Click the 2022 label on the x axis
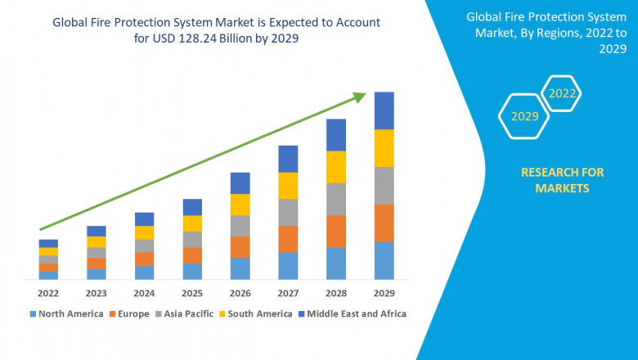coord(48,293)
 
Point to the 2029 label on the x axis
coord(384,293)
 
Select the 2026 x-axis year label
coord(240,293)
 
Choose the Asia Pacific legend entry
coord(186,313)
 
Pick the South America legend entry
coord(258,313)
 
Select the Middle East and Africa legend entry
coord(354,313)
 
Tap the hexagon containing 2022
coord(562,94)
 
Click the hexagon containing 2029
coord(524,117)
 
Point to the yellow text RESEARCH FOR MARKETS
coord(562,180)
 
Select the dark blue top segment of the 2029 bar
coord(384,110)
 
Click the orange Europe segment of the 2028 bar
coord(336,231)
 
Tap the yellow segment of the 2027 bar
coord(288,186)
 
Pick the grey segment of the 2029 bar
coord(384,185)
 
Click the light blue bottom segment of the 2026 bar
coord(240,268)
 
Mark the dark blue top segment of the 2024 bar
coord(144,218)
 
